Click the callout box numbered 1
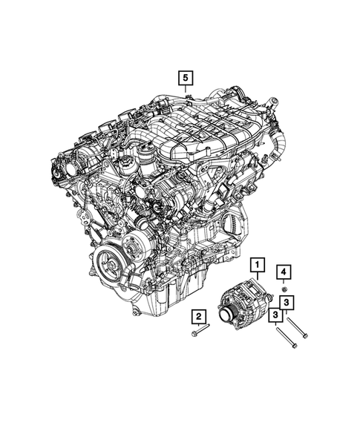[x=257, y=263]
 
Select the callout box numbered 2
[x=199, y=317]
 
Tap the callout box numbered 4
[x=284, y=270]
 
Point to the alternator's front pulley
[x=224, y=318]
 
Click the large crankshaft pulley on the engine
[x=109, y=263]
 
